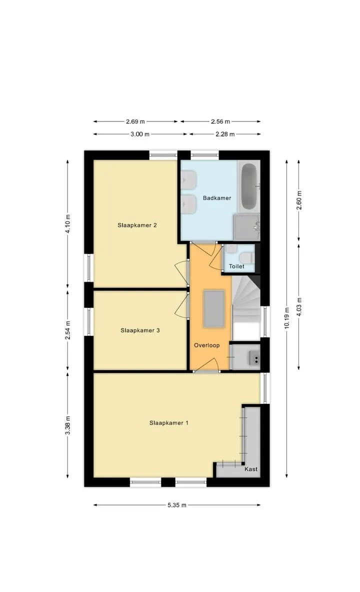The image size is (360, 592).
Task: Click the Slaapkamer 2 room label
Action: click(x=137, y=225)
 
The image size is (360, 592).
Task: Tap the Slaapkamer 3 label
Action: click(x=140, y=330)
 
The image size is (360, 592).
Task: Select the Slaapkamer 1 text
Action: click(x=168, y=423)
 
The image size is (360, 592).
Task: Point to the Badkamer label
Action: click(x=217, y=198)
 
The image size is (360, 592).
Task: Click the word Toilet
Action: click(x=236, y=266)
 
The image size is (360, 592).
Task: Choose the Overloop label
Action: click(x=207, y=345)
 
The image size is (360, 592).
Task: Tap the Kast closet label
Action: click(x=251, y=469)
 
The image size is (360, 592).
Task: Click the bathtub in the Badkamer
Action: click(x=249, y=186)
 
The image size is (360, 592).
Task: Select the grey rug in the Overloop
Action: click(x=214, y=308)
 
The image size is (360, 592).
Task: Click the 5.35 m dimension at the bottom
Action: click(x=177, y=505)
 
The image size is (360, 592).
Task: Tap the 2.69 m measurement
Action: click(x=135, y=121)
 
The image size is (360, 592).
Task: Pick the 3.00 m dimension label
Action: click(x=140, y=134)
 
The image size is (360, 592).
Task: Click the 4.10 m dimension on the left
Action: click(x=68, y=224)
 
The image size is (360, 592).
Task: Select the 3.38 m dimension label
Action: click(x=68, y=425)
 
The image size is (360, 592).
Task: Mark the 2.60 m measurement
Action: click(x=299, y=200)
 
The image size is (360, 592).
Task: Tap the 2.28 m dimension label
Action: click(x=225, y=134)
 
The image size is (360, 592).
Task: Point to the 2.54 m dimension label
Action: click(x=68, y=330)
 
